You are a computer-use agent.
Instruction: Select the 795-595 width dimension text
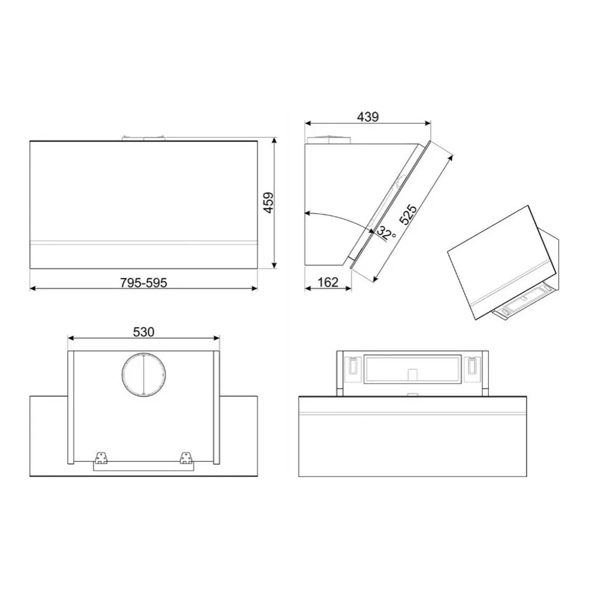pos(144,283)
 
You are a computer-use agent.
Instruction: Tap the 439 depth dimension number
pos(368,117)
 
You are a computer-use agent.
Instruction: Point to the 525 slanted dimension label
pos(408,214)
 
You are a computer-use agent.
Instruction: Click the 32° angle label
pos(386,233)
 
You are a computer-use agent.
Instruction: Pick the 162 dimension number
pos(328,282)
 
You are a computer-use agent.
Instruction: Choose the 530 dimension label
pos(144,332)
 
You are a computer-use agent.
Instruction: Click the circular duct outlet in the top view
pos(144,375)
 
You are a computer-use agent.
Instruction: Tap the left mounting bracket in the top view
pos(100,458)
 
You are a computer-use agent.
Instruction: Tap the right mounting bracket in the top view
pos(186,458)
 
